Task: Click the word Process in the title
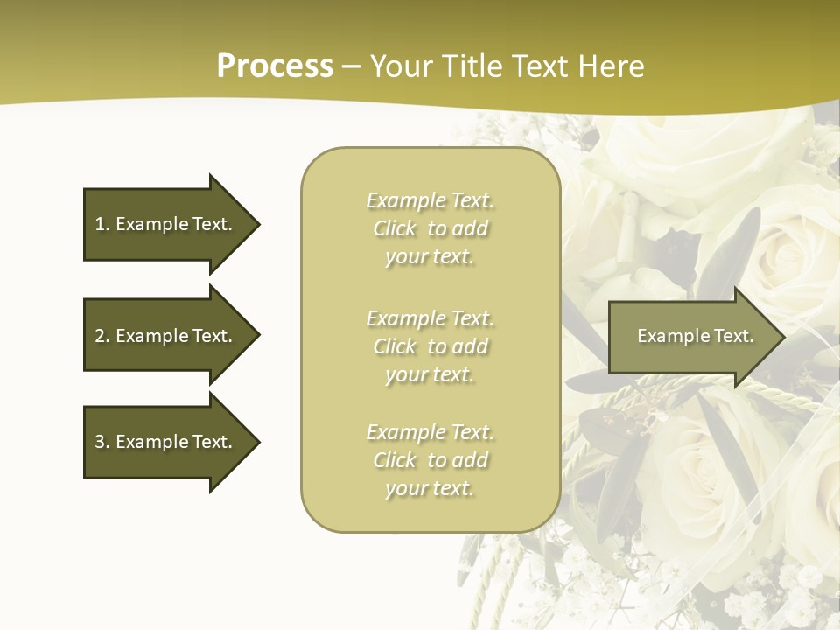(x=275, y=66)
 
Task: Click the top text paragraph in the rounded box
(x=430, y=228)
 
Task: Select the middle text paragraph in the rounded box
(x=430, y=346)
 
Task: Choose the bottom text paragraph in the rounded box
(x=430, y=460)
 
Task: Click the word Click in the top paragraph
(x=395, y=228)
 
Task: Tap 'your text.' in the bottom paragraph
(x=430, y=488)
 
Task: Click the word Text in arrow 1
(x=211, y=224)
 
